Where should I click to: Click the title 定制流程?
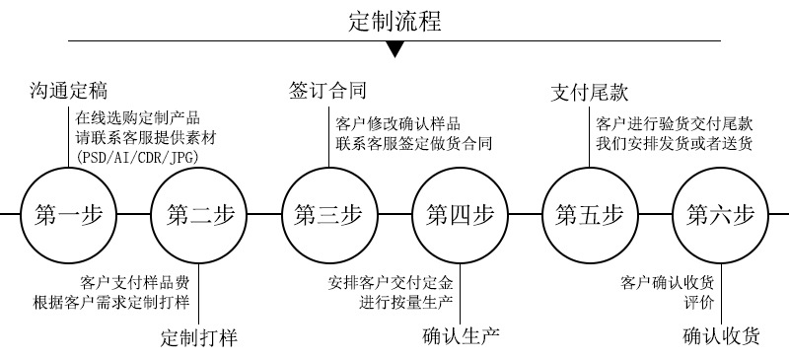(394, 21)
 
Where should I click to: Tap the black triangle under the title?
(394, 50)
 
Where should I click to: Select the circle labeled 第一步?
(69, 214)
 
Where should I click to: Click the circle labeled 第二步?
(200, 214)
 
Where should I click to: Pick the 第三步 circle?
(328, 214)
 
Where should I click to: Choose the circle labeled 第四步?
(460, 214)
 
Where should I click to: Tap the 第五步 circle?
(590, 214)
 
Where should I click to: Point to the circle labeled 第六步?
(719, 214)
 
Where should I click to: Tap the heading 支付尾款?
(589, 94)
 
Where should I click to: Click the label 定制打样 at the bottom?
(199, 338)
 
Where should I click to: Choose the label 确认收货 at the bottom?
(721, 336)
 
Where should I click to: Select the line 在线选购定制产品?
(138, 116)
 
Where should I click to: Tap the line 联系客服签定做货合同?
(413, 144)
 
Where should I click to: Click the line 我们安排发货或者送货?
(675, 144)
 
